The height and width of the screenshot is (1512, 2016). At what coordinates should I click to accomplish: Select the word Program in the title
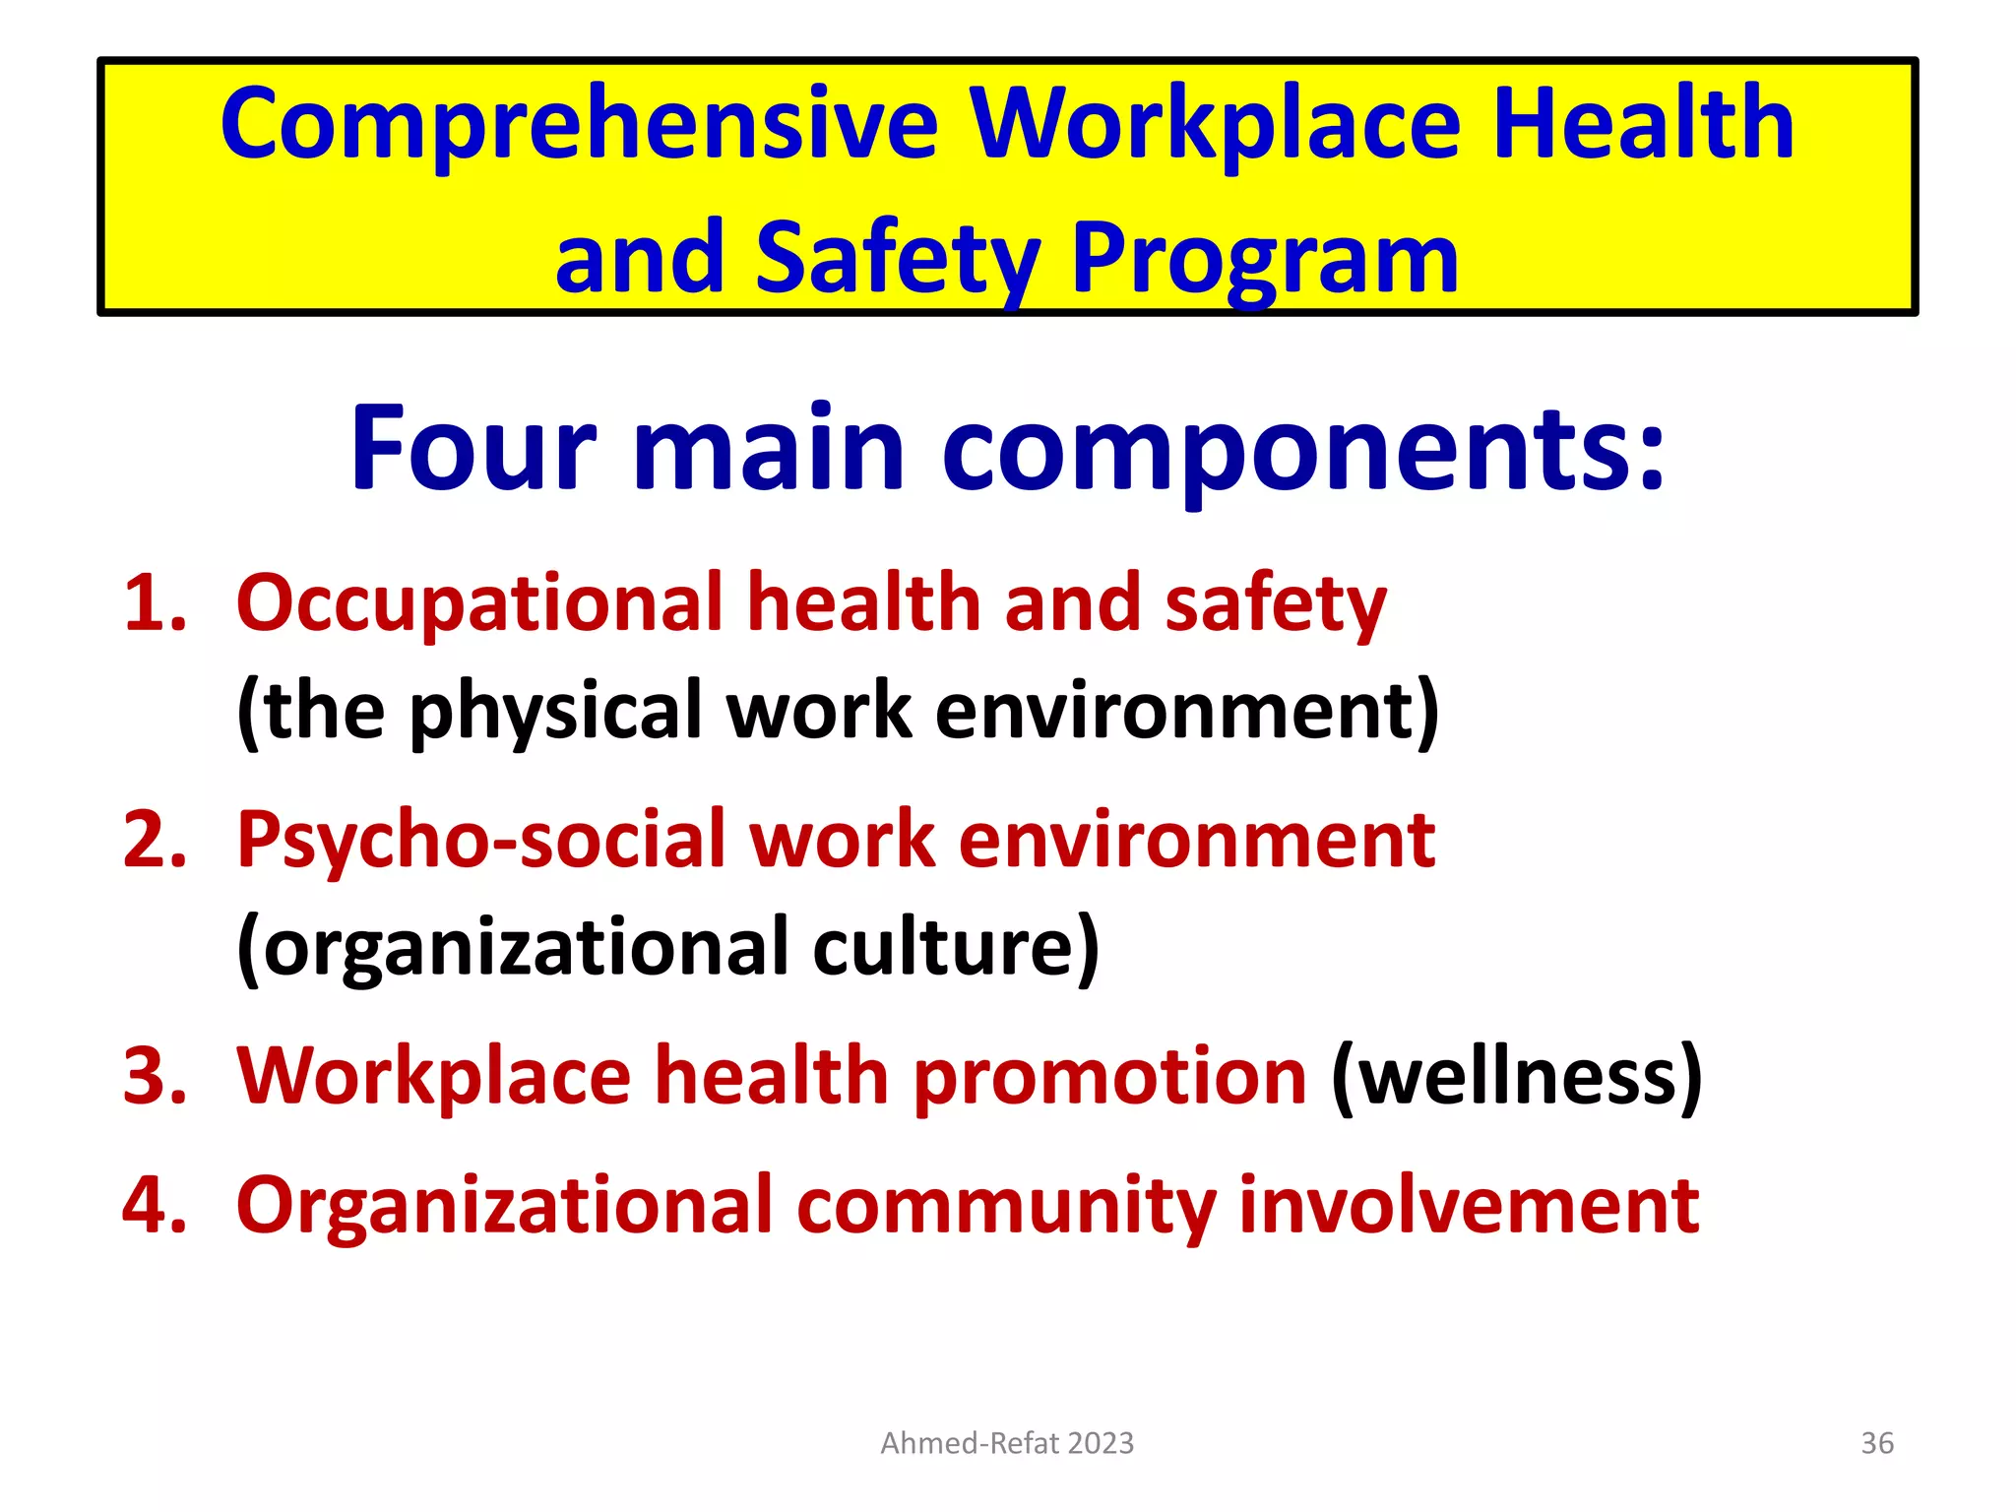tap(1264, 259)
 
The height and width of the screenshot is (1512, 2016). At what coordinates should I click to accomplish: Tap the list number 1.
tap(155, 603)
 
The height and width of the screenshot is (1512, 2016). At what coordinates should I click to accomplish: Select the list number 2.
tap(155, 840)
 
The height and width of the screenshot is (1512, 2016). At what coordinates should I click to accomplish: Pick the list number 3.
tap(155, 1076)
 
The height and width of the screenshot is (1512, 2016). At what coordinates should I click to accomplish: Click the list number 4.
tap(155, 1206)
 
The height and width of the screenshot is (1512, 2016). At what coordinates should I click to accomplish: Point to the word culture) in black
tap(956, 948)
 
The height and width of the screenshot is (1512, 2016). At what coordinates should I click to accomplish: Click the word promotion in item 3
tap(1109, 1076)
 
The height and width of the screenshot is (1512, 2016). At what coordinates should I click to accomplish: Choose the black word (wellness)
tap(1516, 1076)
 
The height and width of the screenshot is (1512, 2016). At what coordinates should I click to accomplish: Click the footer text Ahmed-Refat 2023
tap(1007, 1443)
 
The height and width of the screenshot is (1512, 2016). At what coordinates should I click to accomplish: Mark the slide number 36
tap(1877, 1443)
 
